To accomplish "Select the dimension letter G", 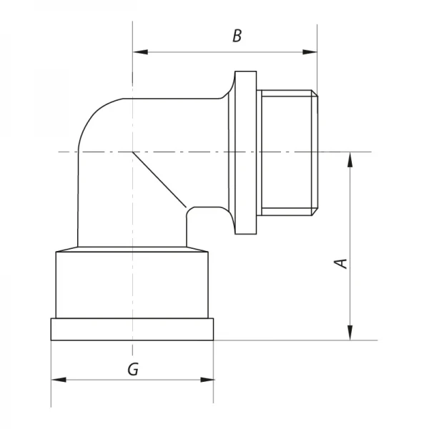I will (133, 369).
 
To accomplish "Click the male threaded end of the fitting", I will (286, 152).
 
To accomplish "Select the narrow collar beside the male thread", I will (245, 152).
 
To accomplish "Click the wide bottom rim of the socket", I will (132, 330).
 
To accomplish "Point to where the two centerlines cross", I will (132, 152).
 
